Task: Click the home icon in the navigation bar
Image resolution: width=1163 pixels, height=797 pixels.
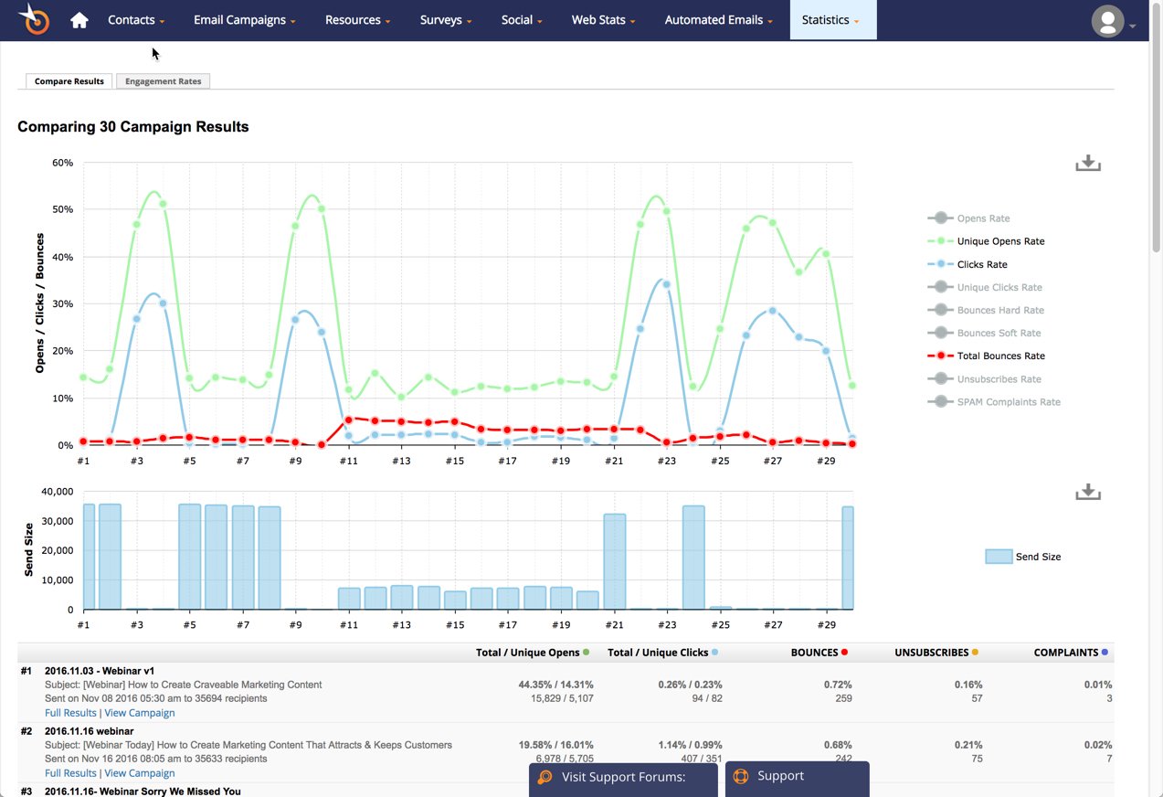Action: pyautogui.click(x=79, y=20)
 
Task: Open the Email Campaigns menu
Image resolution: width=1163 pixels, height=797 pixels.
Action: pyautogui.click(x=244, y=20)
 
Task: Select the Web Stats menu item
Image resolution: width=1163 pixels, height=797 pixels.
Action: pyautogui.click(x=603, y=20)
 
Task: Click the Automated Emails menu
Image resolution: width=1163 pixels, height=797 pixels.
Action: pyautogui.click(x=718, y=20)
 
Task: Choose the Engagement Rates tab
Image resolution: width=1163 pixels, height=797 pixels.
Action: pyautogui.click(x=164, y=81)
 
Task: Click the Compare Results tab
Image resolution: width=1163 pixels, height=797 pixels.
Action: pyautogui.click(x=69, y=81)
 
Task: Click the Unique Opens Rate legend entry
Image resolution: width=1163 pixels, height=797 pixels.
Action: pyautogui.click(x=999, y=241)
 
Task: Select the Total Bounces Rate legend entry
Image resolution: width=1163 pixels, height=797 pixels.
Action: pyautogui.click(x=1000, y=356)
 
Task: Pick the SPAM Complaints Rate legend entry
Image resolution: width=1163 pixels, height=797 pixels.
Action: pyautogui.click(x=1008, y=402)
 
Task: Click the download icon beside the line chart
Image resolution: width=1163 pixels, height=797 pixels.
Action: pyautogui.click(x=1087, y=164)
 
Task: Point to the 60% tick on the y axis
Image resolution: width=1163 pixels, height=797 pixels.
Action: pyautogui.click(x=62, y=163)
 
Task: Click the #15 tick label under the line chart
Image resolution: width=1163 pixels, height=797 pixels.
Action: pyautogui.click(x=455, y=462)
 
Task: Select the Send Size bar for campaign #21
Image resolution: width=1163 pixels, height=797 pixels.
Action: pyautogui.click(x=615, y=561)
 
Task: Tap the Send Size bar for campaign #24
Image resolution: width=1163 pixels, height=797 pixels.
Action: pyautogui.click(x=693, y=558)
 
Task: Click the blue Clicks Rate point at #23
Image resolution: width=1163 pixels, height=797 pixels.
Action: pyautogui.click(x=666, y=284)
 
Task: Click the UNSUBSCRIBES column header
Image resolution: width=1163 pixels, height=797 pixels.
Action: pyautogui.click(x=931, y=653)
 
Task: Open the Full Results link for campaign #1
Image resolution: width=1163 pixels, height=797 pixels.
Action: pyautogui.click(x=70, y=713)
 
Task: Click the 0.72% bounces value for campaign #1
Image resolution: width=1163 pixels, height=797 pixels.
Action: pyautogui.click(x=837, y=685)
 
